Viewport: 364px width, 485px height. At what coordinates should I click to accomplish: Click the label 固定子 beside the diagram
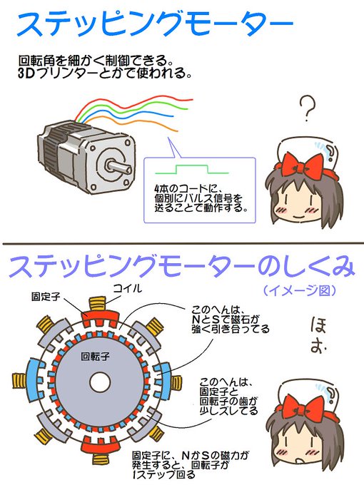44,296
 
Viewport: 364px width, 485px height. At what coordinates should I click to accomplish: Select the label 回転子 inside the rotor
96,354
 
